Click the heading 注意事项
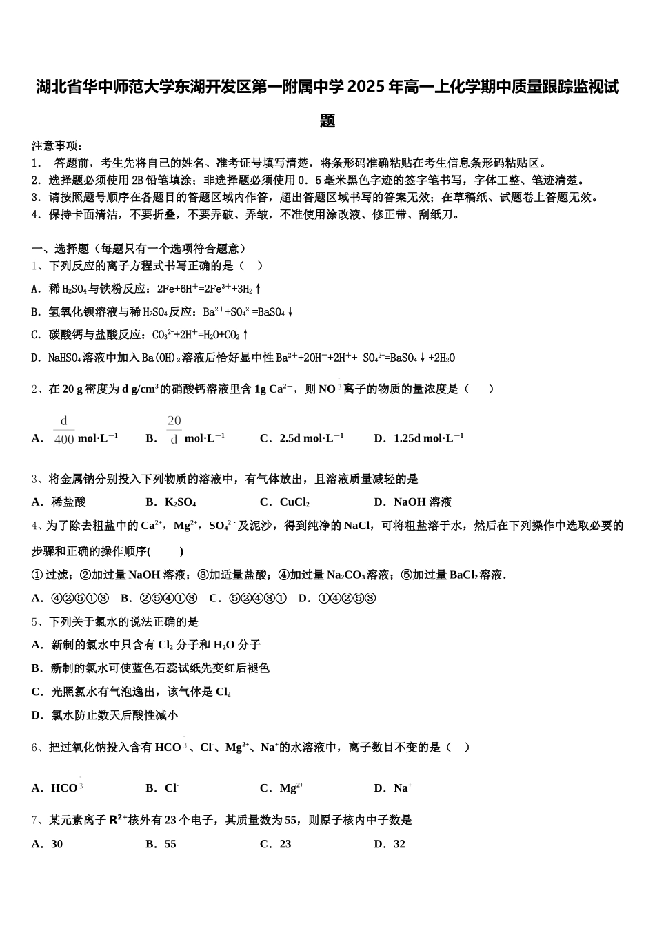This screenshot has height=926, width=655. point(57,146)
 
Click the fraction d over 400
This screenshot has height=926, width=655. point(63,430)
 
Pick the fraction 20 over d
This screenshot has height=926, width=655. point(174,430)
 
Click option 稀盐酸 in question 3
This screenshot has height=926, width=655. point(69,502)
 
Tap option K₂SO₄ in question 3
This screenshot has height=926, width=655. point(181,502)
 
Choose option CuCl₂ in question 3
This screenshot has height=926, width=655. point(294,502)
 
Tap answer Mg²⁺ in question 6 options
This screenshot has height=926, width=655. point(292,788)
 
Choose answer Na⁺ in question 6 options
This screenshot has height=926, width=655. point(403,788)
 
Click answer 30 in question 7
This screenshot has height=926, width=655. point(57,844)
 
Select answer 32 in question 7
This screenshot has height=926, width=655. point(399,844)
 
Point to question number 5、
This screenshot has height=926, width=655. point(39,622)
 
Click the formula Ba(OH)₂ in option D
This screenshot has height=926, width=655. point(161,358)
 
